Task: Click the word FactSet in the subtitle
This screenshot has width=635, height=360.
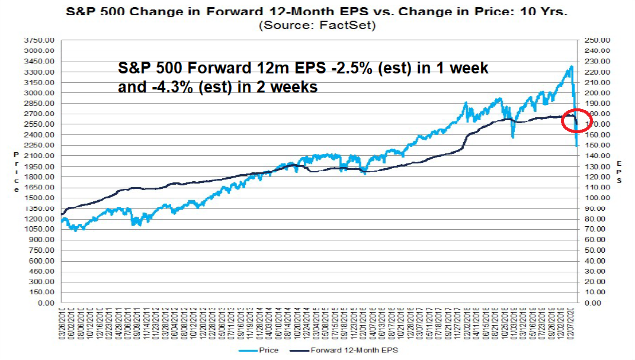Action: point(351,25)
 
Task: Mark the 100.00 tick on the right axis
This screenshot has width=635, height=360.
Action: point(595,198)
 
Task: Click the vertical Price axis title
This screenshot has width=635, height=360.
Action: point(17,172)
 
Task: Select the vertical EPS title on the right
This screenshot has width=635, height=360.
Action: point(619,172)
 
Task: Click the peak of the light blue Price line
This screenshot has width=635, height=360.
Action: point(571,66)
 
